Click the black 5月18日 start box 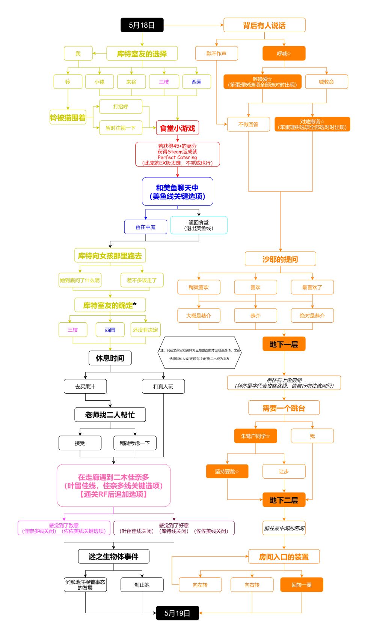(142, 25)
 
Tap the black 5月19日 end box (177, 613)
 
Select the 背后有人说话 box (264, 25)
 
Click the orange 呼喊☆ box (284, 53)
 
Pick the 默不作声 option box (216, 53)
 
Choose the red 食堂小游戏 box (178, 128)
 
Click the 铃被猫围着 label (68, 117)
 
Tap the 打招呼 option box (121, 106)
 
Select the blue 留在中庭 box (146, 227)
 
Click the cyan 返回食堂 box (199, 225)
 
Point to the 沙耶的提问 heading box (280, 259)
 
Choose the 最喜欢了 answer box (312, 287)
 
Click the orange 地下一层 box (284, 344)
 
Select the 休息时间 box (110, 358)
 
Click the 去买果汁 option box (85, 386)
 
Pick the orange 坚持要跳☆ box (227, 471)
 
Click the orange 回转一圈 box (302, 585)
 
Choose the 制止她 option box (142, 585)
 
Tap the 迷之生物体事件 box (113, 557)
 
